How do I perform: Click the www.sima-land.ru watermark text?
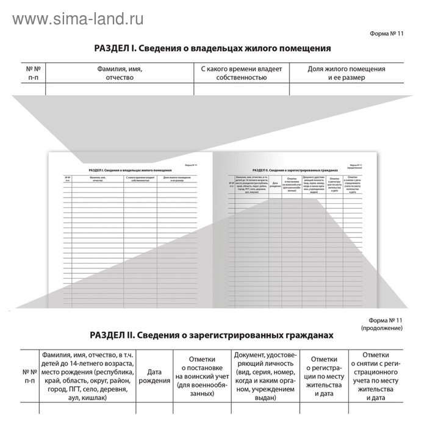[78, 18]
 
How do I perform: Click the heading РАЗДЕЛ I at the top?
[212, 48]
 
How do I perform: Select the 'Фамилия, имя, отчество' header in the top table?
[120, 73]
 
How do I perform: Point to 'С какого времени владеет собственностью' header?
[242, 73]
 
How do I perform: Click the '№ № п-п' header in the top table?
[34, 73]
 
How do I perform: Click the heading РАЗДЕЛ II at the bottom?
[212, 335]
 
